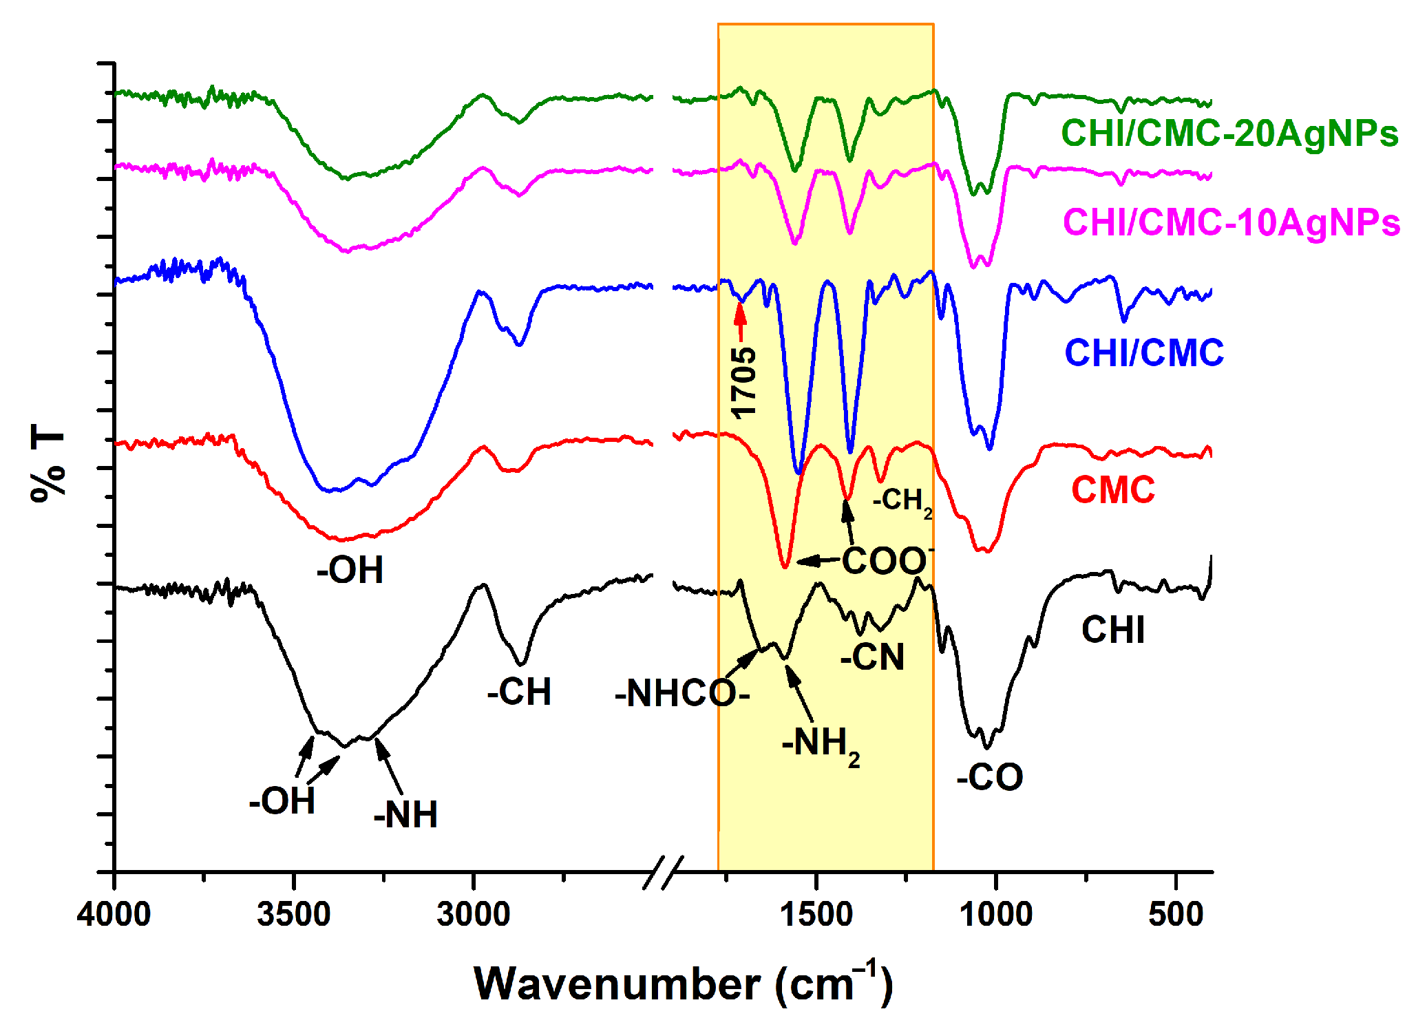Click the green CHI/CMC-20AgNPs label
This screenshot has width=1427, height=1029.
point(1229,134)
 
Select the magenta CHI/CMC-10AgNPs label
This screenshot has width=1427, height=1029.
point(1231,222)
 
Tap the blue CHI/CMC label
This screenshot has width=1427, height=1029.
point(1143,353)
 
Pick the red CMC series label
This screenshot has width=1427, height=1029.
point(1112,490)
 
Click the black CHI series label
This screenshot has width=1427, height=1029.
point(1112,630)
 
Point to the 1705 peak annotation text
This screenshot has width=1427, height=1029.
point(743,383)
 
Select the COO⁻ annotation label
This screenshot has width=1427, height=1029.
point(887,560)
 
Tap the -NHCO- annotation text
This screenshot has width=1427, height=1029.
point(681,693)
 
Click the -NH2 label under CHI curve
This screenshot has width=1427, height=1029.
point(820,745)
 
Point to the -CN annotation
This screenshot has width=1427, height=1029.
point(871,657)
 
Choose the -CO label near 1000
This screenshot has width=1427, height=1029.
point(989,777)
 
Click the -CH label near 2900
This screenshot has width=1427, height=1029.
point(519,692)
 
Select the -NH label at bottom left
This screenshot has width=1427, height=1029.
point(405,814)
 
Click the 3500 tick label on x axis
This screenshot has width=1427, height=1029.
point(294,915)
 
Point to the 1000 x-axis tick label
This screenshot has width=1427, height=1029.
point(995,915)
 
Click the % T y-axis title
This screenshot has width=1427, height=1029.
point(47,463)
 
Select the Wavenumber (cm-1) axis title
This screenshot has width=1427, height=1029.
point(683,984)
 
